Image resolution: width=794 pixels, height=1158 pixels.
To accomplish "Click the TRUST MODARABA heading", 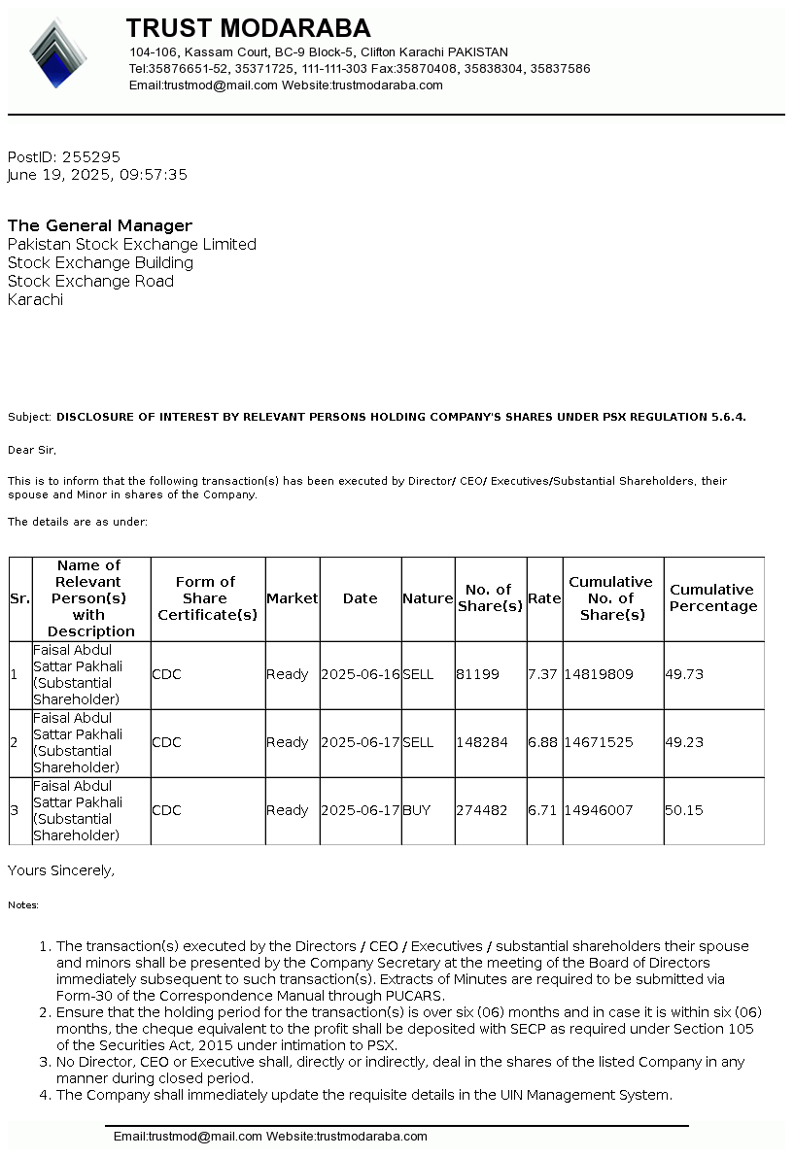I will click(x=248, y=28).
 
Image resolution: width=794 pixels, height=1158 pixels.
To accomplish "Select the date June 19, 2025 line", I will click(x=97, y=175).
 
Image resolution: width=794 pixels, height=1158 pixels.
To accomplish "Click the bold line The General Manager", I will click(x=100, y=225).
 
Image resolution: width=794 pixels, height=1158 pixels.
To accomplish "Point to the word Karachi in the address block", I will click(x=35, y=300).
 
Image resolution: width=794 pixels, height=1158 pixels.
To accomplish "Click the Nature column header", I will click(x=428, y=598).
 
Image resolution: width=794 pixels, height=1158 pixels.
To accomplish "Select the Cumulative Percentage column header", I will click(x=713, y=598).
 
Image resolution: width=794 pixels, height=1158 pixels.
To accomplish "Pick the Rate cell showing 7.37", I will click(x=541, y=674).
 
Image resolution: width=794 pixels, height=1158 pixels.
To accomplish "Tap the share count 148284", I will click(x=481, y=742).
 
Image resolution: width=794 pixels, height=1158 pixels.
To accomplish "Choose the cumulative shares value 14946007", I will click(x=599, y=810).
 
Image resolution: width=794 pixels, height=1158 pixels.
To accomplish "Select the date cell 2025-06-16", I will click(x=361, y=674).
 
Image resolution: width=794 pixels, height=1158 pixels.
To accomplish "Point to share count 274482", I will click(x=481, y=810).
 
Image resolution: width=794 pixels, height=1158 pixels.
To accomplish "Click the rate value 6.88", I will click(x=542, y=742).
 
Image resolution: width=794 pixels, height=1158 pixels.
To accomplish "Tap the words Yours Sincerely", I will click(x=61, y=871).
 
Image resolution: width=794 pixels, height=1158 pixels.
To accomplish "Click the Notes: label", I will click(x=23, y=905).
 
